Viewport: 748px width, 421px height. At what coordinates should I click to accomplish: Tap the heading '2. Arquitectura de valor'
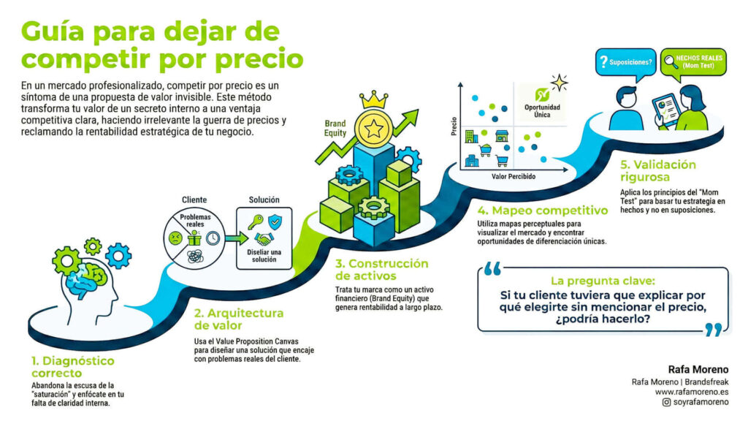pyautogui.click(x=238, y=319)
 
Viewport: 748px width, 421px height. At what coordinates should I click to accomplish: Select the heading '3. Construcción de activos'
pyautogui.click(x=381, y=269)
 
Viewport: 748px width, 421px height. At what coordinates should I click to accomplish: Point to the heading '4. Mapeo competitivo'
pyautogui.click(x=542, y=210)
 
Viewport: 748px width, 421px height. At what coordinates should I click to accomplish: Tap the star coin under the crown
pyautogui.click(x=374, y=129)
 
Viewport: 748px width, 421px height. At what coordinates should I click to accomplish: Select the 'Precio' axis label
pyautogui.click(x=454, y=128)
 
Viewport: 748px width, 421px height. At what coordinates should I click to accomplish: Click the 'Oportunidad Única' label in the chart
pyautogui.click(x=543, y=110)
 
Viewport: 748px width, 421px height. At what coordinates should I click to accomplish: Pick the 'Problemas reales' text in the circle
pyautogui.click(x=194, y=221)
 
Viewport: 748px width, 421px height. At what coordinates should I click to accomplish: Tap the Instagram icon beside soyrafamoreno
pyautogui.click(x=666, y=402)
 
